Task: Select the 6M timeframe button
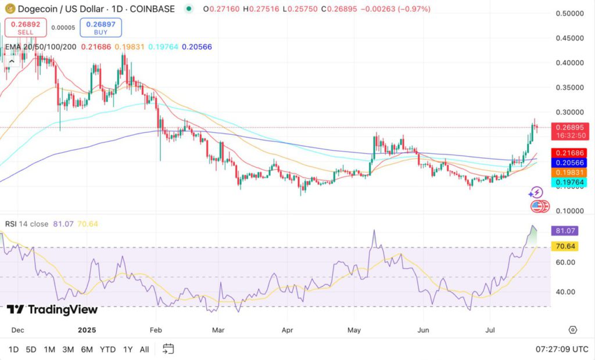[x=87, y=349]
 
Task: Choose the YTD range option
[x=107, y=349]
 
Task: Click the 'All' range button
[x=145, y=349]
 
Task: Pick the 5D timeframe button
[x=31, y=349]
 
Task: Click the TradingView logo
[x=52, y=309]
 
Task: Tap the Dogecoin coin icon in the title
[x=8, y=9]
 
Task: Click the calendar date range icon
[x=168, y=349]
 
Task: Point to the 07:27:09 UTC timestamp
[x=561, y=349]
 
